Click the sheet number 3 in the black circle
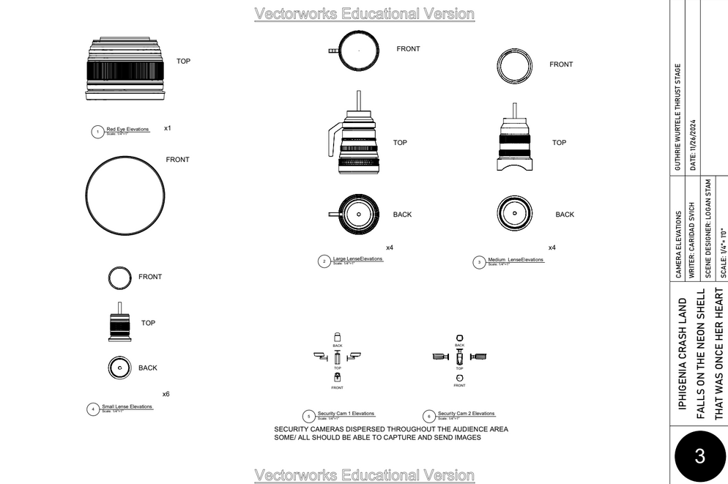click(x=699, y=456)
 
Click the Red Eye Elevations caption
click(x=127, y=130)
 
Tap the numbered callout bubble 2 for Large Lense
click(x=324, y=261)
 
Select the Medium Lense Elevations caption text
click(x=516, y=260)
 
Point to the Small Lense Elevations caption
click(x=127, y=406)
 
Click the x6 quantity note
click(x=166, y=394)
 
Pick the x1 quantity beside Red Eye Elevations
click(x=167, y=128)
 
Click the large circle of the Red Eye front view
click(x=125, y=196)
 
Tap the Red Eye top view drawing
click(x=124, y=67)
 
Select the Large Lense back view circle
click(x=358, y=215)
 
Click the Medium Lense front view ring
click(x=515, y=64)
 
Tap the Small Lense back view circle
click(x=119, y=368)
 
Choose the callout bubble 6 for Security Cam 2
click(x=429, y=416)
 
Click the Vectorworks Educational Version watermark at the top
click(x=364, y=14)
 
